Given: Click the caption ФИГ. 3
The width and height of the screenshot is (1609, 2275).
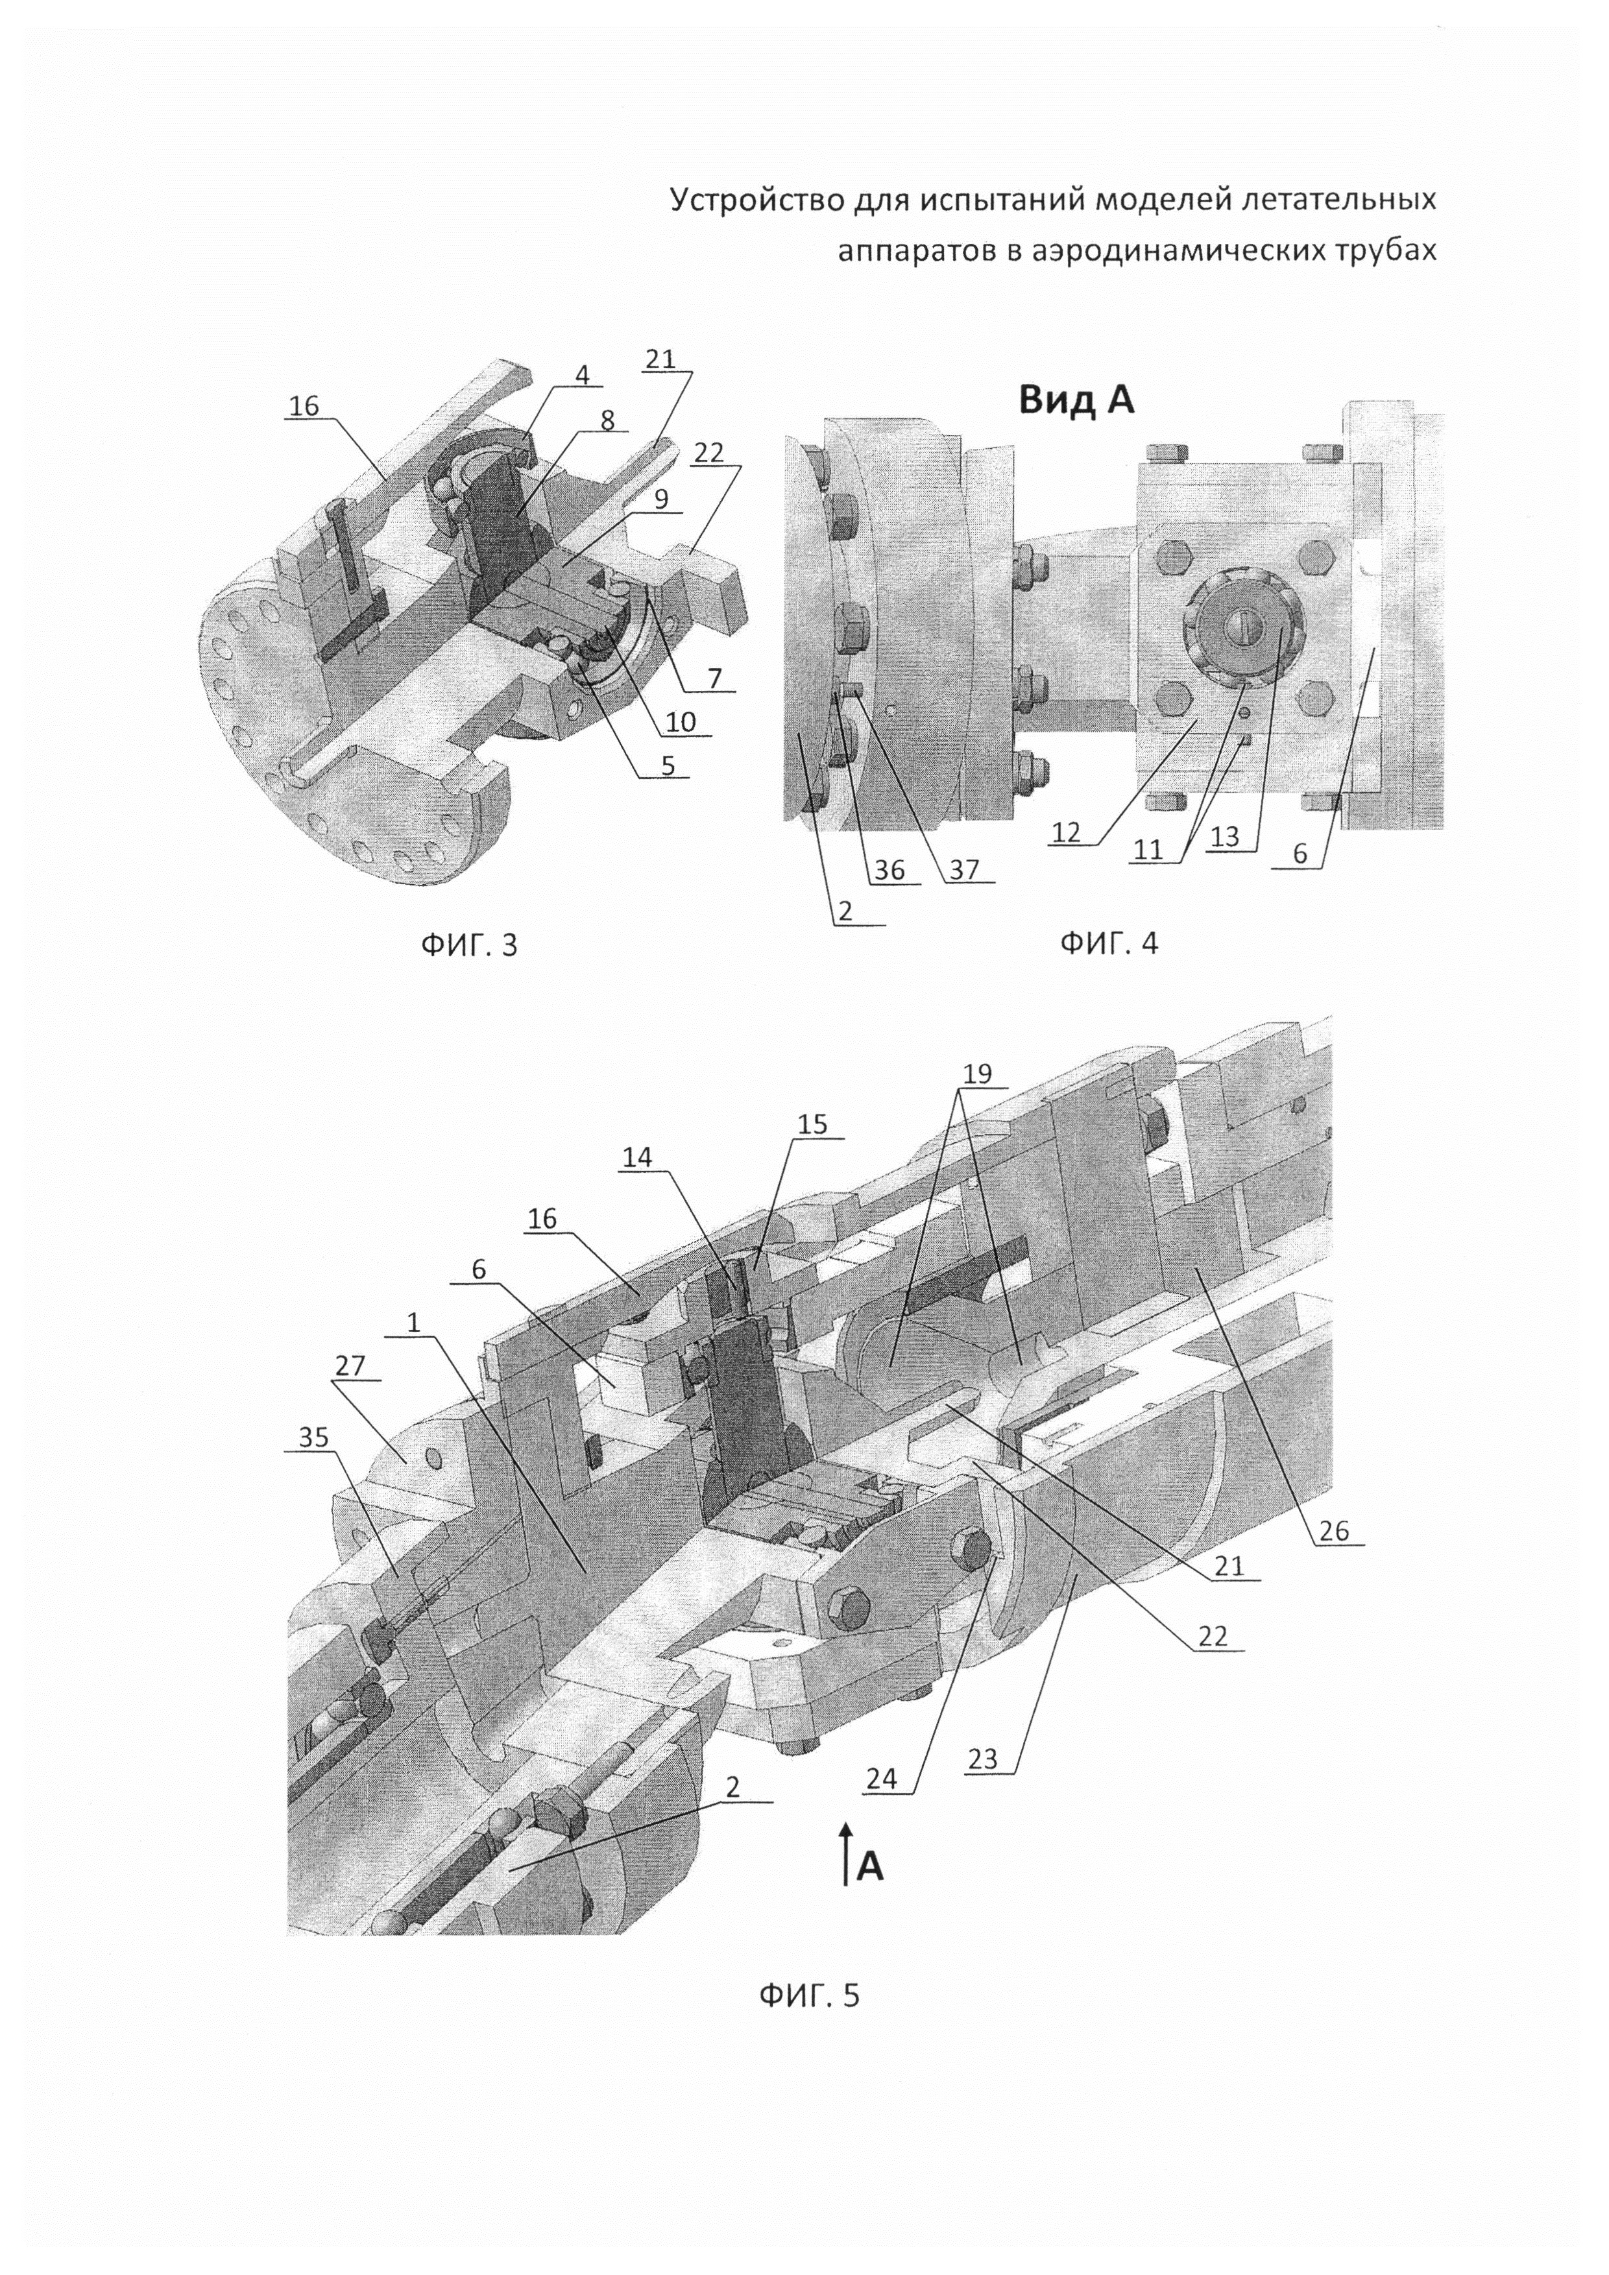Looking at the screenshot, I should (x=468, y=945).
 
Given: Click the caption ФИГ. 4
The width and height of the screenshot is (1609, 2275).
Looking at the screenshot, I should (x=1109, y=943).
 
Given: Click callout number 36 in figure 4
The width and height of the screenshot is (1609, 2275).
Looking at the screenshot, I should (x=889, y=869).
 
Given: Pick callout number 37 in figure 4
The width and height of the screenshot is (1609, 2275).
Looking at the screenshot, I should (x=963, y=869).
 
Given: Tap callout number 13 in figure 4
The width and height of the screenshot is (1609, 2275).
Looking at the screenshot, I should (x=1224, y=836).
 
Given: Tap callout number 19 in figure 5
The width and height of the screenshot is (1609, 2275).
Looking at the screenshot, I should (x=976, y=1075).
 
